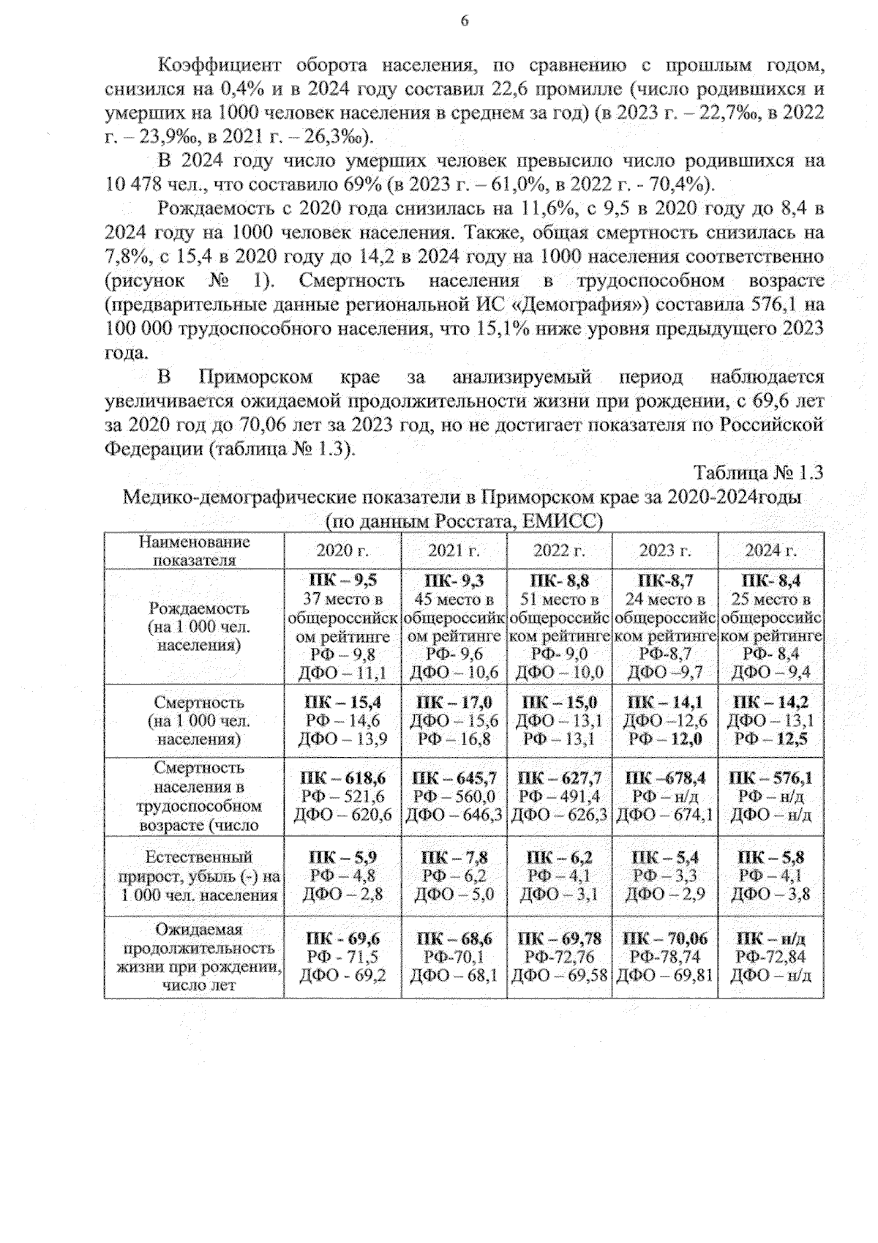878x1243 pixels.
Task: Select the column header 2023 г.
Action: click(x=665, y=550)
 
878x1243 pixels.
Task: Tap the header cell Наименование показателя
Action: click(x=194, y=550)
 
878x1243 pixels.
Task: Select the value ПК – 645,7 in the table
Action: click(x=454, y=778)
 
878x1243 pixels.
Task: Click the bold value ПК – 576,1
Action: click(x=770, y=778)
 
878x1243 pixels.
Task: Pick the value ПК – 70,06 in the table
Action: click(x=664, y=939)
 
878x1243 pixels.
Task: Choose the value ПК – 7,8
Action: click(x=454, y=857)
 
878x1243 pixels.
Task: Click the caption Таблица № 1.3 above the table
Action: click(x=758, y=473)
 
